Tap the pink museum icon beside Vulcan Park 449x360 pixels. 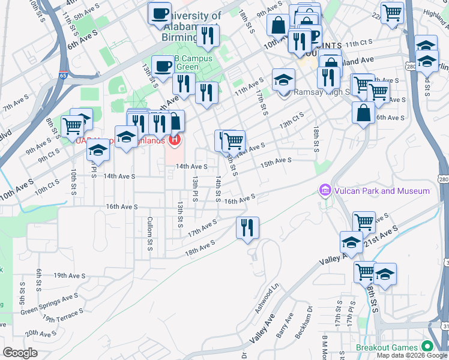click(325, 191)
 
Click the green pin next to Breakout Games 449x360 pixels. click(427, 347)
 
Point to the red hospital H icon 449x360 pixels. click(175, 140)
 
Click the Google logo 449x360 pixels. click(20, 353)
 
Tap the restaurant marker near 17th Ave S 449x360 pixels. click(247, 228)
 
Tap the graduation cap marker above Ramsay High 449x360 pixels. click(283, 79)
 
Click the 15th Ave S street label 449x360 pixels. click(276, 161)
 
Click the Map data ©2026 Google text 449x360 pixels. click(411, 355)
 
